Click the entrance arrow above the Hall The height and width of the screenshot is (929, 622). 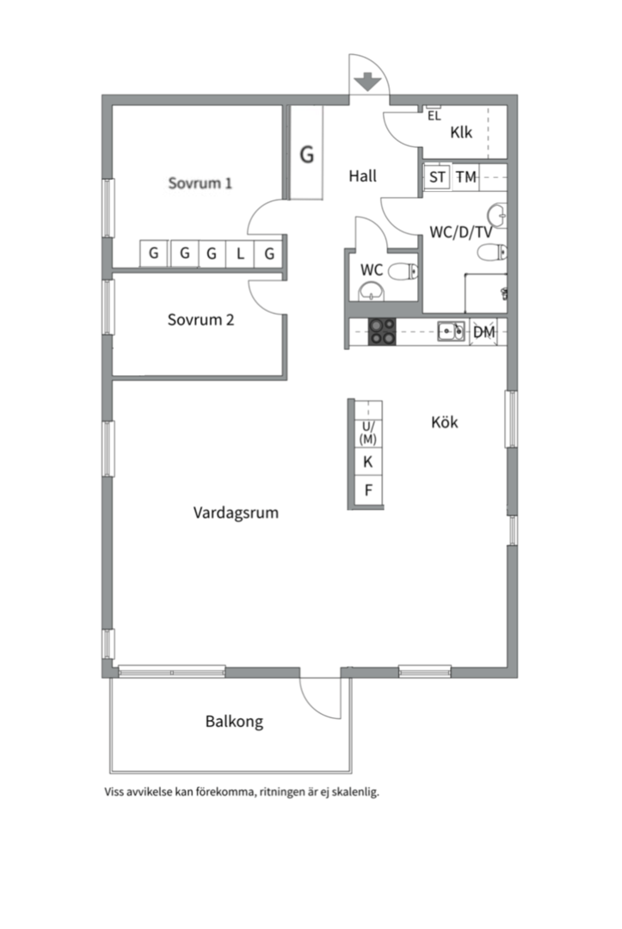click(x=368, y=81)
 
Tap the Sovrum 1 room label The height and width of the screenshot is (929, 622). click(x=200, y=182)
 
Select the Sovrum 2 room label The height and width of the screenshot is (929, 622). click(x=200, y=320)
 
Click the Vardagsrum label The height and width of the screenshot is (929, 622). click(x=236, y=513)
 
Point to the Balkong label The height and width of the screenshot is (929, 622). click(x=234, y=722)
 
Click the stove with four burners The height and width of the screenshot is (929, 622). click(x=382, y=332)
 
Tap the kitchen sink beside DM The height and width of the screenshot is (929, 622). click(x=451, y=331)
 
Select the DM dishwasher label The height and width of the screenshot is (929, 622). click(x=484, y=332)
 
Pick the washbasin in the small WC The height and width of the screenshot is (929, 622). click(x=372, y=291)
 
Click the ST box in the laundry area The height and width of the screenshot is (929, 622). click(x=437, y=176)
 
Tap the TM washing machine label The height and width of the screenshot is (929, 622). click(x=465, y=176)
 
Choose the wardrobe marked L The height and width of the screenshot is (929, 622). click(x=240, y=254)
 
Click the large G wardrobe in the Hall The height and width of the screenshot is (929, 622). click(x=306, y=153)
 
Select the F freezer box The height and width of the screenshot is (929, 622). click(x=368, y=490)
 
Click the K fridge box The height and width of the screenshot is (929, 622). click(x=368, y=462)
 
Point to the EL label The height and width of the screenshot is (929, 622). click(x=434, y=116)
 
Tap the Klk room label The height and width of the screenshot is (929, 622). click(x=461, y=132)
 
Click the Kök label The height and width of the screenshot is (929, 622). click(x=444, y=422)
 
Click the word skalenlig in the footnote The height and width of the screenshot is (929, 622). click(x=355, y=792)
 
